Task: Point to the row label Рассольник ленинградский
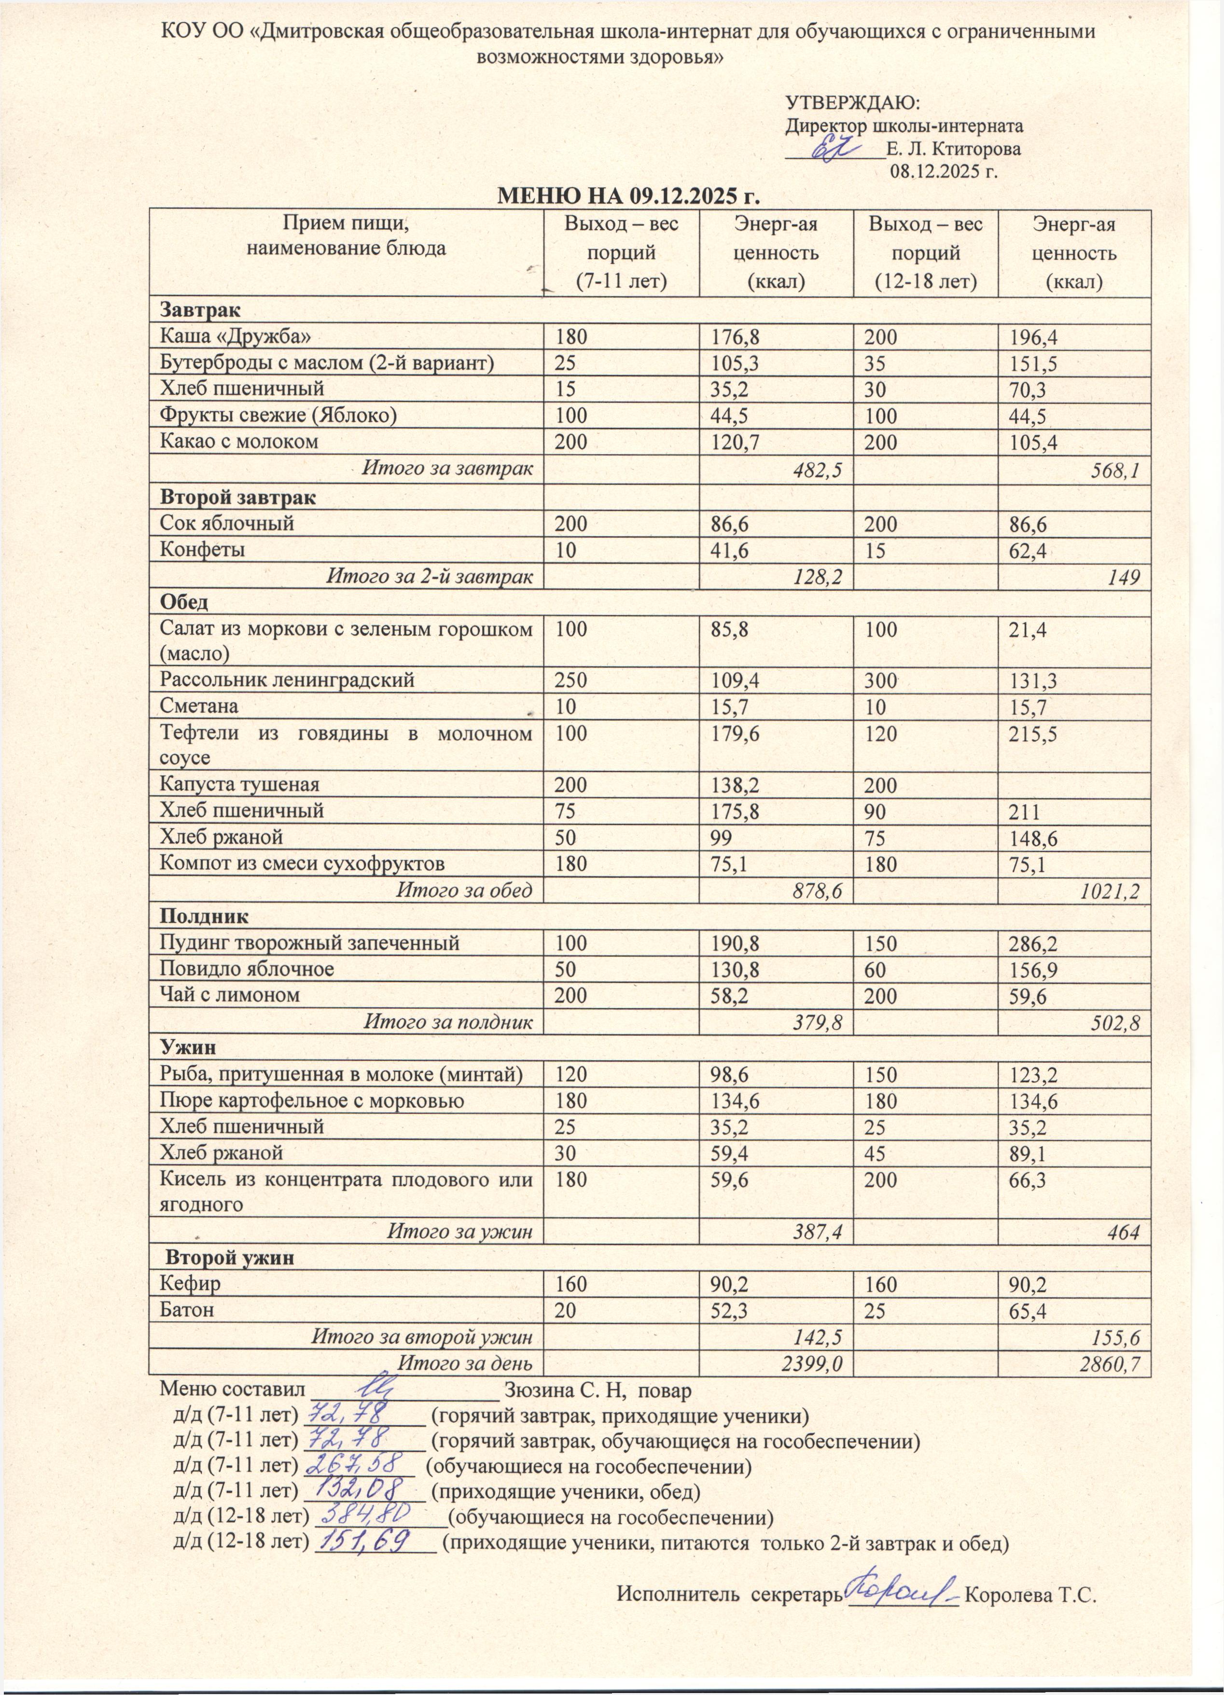pyautogui.click(x=288, y=680)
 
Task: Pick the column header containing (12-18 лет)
pyautogui.click(x=925, y=252)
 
